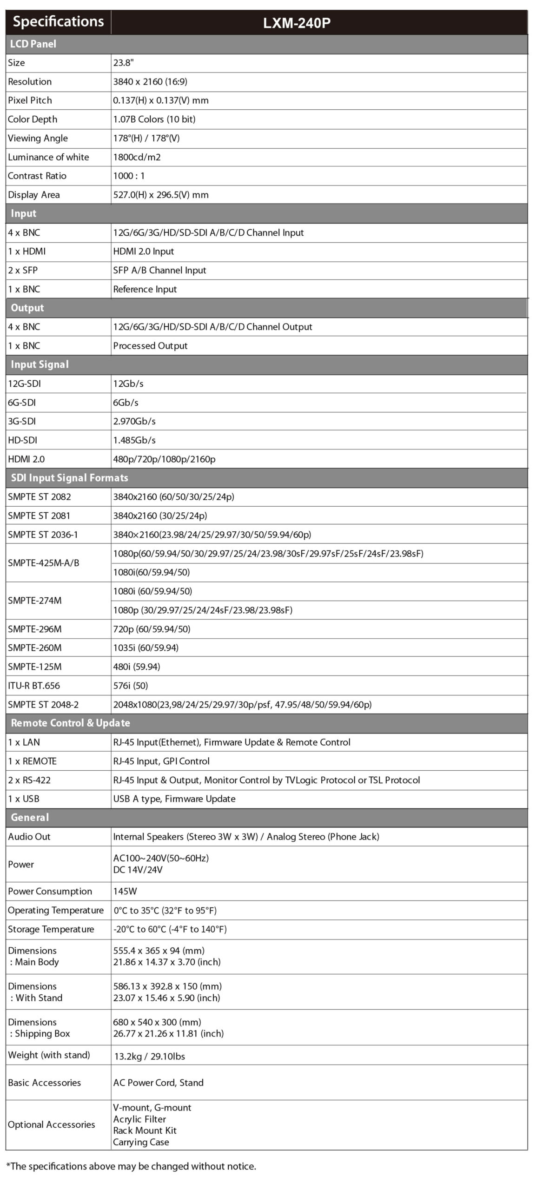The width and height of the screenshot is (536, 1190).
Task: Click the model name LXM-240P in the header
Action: pyautogui.click(x=297, y=23)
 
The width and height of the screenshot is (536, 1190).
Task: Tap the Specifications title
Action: pyautogui.click(x=58, y=22)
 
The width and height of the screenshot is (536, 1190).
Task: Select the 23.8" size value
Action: pyautogui.click(x=123, y=63)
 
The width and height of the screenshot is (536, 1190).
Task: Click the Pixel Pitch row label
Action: pyautogui.click(x=30, y=100)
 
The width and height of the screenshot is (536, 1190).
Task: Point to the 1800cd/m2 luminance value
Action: pyautogui.click(x=137, y=157)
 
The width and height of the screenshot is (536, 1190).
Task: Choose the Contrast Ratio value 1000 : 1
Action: pyautogui.click(x=129, y=176)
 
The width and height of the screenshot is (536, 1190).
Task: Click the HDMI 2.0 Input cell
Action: pyautogui.click(x=143, y=251)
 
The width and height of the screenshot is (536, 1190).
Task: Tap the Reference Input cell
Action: pyautogui.click(x=145, y=289)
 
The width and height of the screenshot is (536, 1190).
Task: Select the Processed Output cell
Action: pyautogui.click(x=150, y=346)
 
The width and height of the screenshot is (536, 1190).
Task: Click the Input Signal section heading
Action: pyautogui.click(x=40, y=364)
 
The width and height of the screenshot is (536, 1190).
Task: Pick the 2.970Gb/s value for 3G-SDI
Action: pyautogui.click(x=134, y=422)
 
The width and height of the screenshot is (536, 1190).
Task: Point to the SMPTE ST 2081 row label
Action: pyautogui.click(x=39, y=516)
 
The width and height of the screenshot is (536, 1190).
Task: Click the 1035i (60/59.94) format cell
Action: pyautogui.click(x=146, y=648)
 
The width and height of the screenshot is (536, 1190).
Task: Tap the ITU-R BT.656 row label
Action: pyautogui.click(x=33, y=686)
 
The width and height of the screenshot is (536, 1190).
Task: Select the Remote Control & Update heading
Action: pyautogui.click(x=70, y=723)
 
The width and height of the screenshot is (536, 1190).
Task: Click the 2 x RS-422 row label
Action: pyautogui.click(x=29, y=780)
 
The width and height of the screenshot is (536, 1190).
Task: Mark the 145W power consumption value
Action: pyautogui.click(x=125, y=891)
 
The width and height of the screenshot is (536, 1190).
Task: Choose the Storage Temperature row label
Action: pyautogui.click(x=51, y=929)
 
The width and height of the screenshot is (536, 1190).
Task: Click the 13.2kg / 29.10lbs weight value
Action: pyautogui.click(x=149, y=1056)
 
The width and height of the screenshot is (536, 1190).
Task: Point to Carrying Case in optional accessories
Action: pyautogui.click(x=141, y=1142)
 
